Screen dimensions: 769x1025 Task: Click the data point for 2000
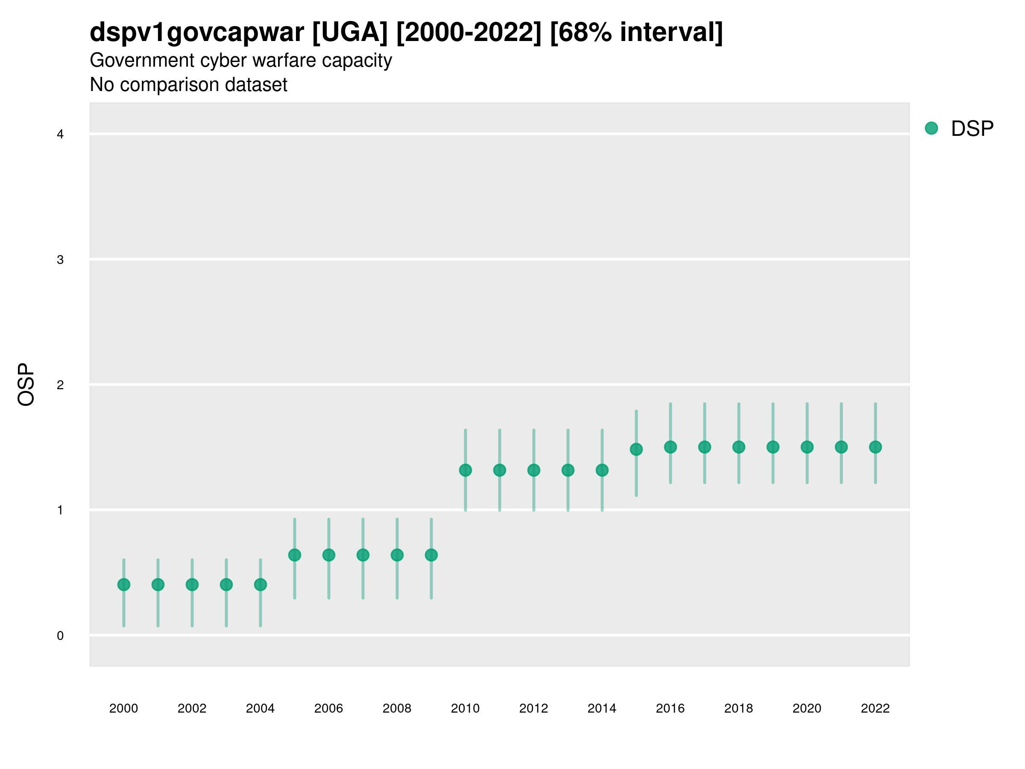point(124,584)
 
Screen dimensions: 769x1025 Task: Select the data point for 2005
point(295,555)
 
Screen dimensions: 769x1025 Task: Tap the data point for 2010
point(465,470)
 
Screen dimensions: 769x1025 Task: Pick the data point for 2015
point(636,449)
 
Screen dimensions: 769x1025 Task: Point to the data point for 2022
point(876,447)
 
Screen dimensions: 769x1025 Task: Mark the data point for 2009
point(431,555)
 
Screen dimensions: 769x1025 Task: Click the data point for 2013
point(568,470)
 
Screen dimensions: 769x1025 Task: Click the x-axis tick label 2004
point(260,708)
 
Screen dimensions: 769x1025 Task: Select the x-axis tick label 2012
point(533,708)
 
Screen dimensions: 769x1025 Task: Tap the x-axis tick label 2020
point(807,708)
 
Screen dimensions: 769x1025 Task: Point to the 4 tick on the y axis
point(60,135)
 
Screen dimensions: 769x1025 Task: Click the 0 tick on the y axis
point(60,636)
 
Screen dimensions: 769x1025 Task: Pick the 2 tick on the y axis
point(60,385)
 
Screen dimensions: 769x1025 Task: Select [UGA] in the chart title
point(350,32)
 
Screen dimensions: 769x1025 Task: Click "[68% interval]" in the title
point(636,32)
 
